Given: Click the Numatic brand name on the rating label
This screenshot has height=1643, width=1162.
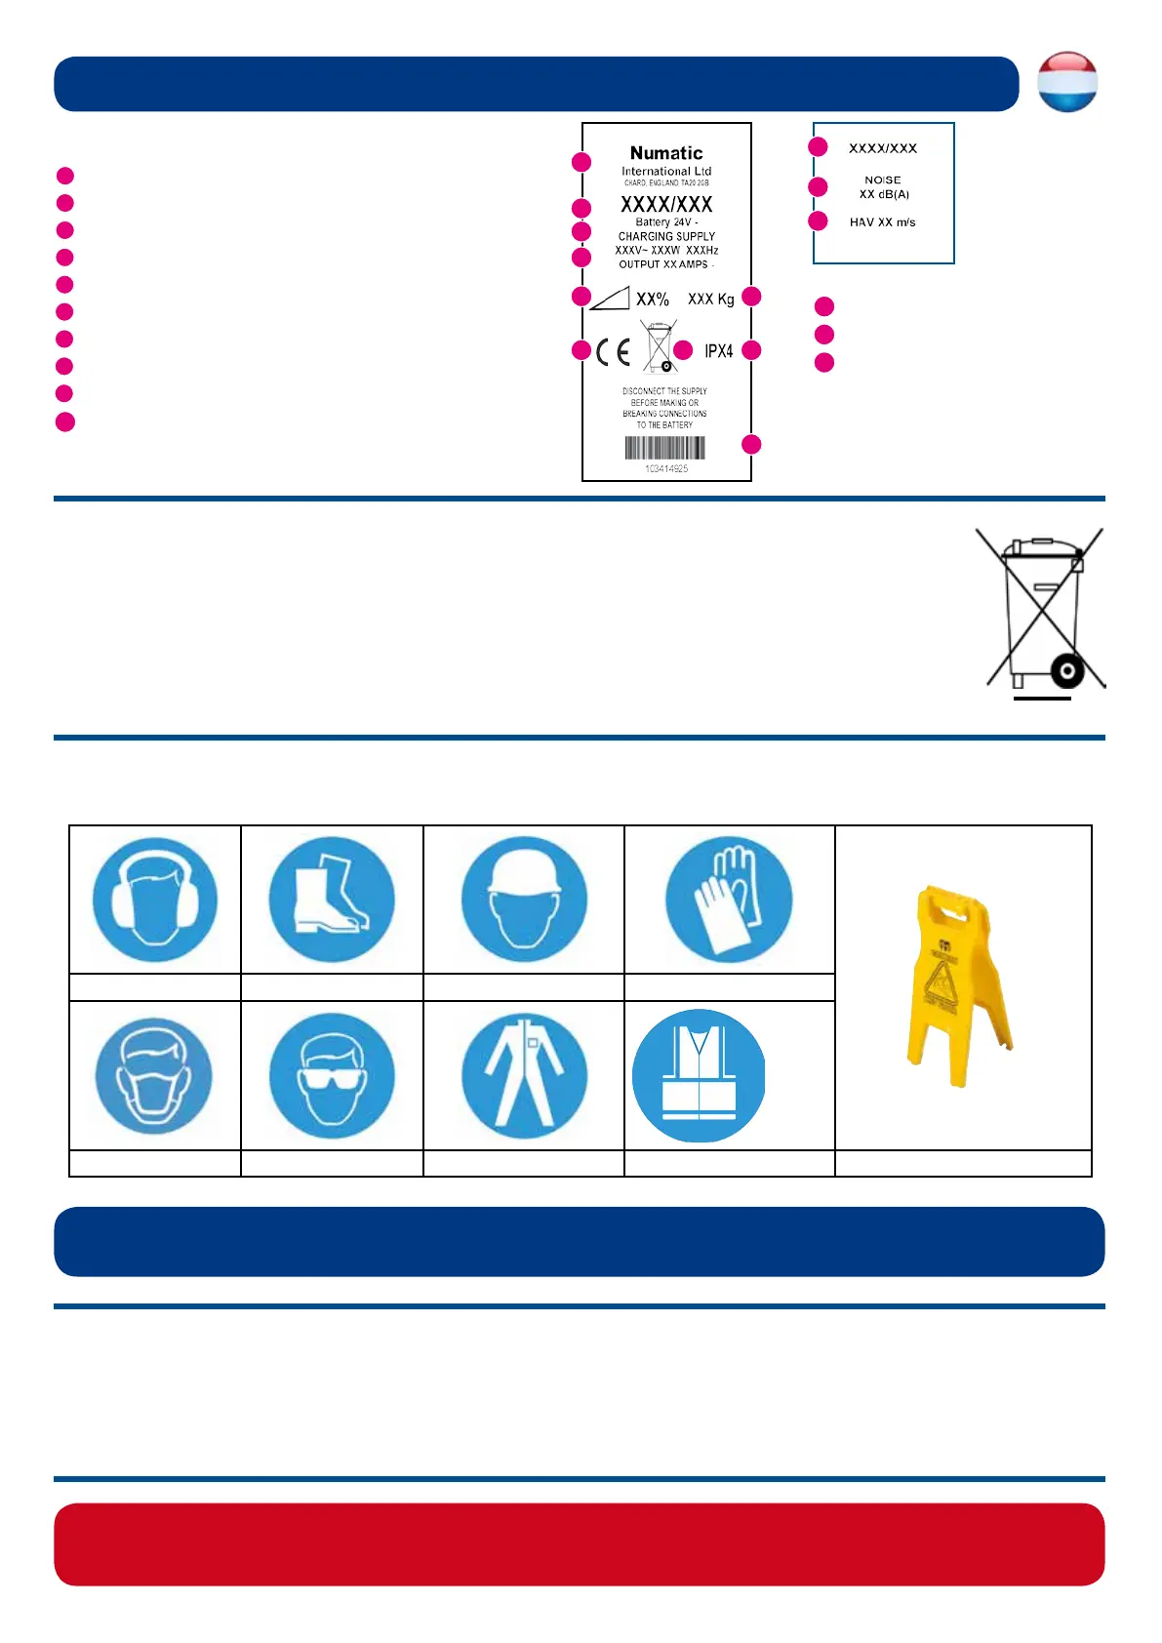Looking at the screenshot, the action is (666, 153).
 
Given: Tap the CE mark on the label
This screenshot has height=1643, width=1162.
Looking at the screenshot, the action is (614, 352).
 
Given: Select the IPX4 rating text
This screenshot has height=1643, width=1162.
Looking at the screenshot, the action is (719, 351).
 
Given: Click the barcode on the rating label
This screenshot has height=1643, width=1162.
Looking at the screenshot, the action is (665, 448).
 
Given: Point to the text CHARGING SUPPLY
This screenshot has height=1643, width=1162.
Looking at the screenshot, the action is (666, 236).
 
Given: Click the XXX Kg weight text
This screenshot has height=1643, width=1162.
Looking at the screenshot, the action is (710, 300).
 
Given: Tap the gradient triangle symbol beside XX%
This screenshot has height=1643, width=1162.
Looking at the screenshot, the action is (610, 299).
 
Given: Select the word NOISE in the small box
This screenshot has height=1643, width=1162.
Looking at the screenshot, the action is (883, 180).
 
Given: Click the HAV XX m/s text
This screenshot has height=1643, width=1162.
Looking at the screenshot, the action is (882, 222).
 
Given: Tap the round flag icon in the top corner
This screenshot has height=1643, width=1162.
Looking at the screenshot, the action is (1067, 82).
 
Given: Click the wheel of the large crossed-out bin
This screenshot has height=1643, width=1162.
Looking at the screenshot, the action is (1066, 670).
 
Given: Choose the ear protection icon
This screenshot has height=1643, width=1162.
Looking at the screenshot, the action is (155, 899).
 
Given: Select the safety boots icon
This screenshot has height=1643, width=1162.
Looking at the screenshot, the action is (332, 899).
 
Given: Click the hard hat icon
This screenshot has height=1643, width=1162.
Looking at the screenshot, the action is (524, 899).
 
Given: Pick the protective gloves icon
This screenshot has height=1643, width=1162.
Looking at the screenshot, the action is (729, 899).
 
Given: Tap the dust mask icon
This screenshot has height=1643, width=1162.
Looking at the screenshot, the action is (154, 1075).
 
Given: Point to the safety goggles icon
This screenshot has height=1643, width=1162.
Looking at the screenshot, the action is (332, 1075).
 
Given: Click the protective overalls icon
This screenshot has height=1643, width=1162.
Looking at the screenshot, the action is (524, 1075).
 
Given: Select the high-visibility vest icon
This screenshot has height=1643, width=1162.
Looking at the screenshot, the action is (699, 1076).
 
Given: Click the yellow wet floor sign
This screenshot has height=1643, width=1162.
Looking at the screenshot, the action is (960, 985).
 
